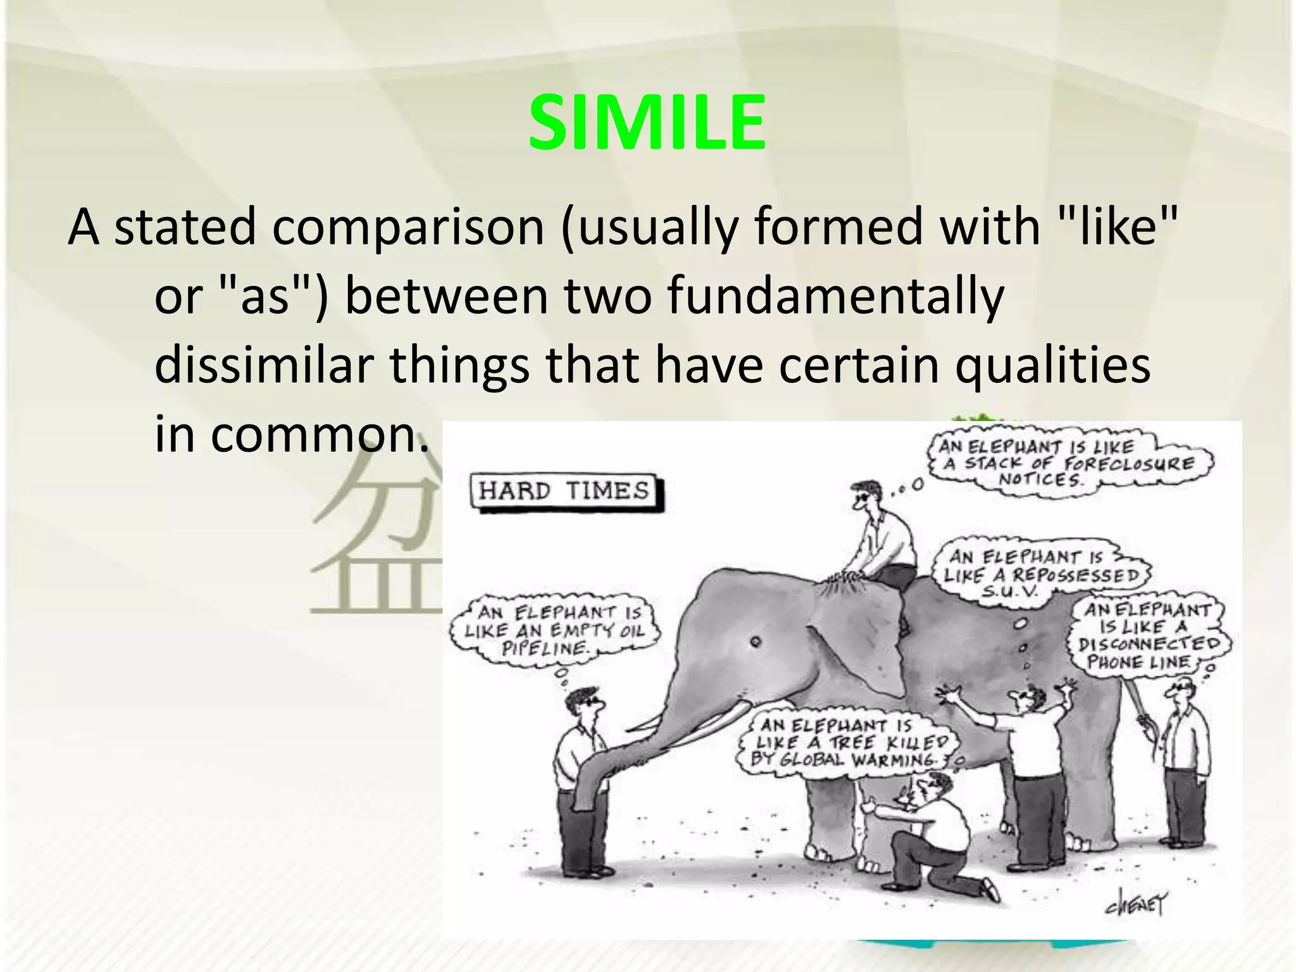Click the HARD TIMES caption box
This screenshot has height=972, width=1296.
[x=565, y=492]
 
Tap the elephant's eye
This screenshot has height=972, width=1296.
[x=754, y=642]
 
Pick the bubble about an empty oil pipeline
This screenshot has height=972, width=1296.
[x=554, y=630]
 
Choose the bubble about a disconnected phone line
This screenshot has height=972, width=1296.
[x=1149, y=636]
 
